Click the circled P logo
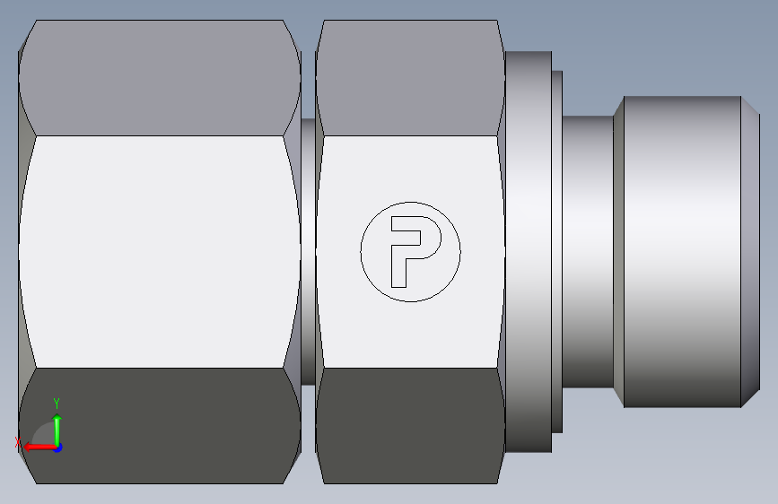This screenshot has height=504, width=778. (410, 251)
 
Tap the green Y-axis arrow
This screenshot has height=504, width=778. (57, 430)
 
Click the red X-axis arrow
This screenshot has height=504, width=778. (39, 448)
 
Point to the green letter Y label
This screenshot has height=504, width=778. (57, 403)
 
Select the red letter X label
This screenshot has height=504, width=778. (18, 442)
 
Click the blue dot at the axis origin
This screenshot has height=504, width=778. (57, 448)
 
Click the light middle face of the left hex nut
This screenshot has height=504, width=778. (160, 251)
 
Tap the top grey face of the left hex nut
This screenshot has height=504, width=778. (160, 78)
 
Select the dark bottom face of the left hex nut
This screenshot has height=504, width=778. (160, 426)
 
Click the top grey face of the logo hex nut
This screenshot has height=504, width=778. (410, 78)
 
